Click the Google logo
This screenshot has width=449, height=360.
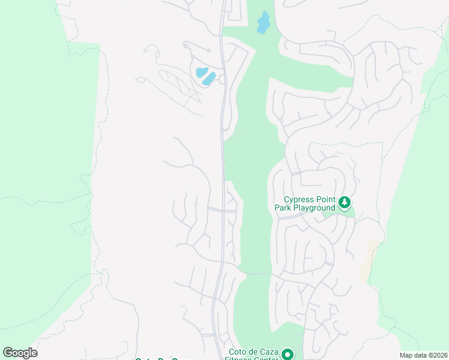tap(20, 353)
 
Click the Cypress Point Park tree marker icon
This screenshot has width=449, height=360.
tap(345, 203)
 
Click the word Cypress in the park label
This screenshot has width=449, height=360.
tap(300, 200)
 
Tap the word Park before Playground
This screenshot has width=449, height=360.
tap(283, 208)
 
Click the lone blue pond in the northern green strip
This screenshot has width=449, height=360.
tap(264, 22)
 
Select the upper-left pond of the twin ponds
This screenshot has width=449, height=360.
tap(201, 72)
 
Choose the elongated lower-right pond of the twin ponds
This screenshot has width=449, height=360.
tap(209, 78)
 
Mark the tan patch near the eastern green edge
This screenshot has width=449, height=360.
tap(369, 261)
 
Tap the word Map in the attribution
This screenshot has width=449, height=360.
tap(407, 355)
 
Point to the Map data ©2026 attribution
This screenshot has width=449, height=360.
tap(423, 355)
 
